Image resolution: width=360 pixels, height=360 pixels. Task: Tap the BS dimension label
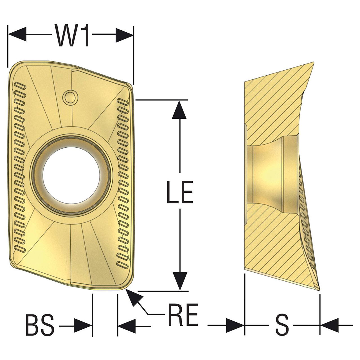pos(40,325)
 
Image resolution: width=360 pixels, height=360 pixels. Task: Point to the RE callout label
pos(183,314)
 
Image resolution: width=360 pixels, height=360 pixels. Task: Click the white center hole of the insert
pos(71,174)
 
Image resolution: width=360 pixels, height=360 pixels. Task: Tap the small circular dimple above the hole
pos(69,97)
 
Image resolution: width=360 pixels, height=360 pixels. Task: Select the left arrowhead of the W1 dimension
pos(17,35)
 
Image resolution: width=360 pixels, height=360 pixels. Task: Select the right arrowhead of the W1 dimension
pos(124,35)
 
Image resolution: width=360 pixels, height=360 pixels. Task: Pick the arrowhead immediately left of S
pos(235,326)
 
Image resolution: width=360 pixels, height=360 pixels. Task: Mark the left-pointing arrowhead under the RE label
pos(127,326)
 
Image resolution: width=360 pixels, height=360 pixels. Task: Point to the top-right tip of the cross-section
pos(313,63)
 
